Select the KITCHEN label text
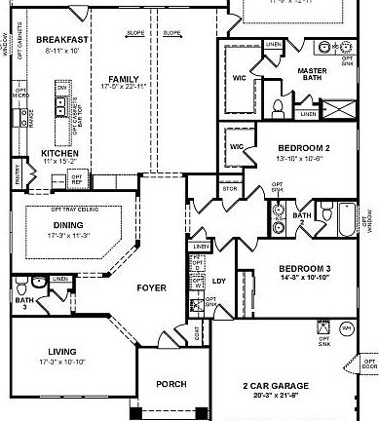coord(59,153)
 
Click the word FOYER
coord(150,288)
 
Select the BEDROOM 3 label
coord(305,268)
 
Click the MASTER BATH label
coord(338,75)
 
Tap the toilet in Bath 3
coord(38,285)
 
